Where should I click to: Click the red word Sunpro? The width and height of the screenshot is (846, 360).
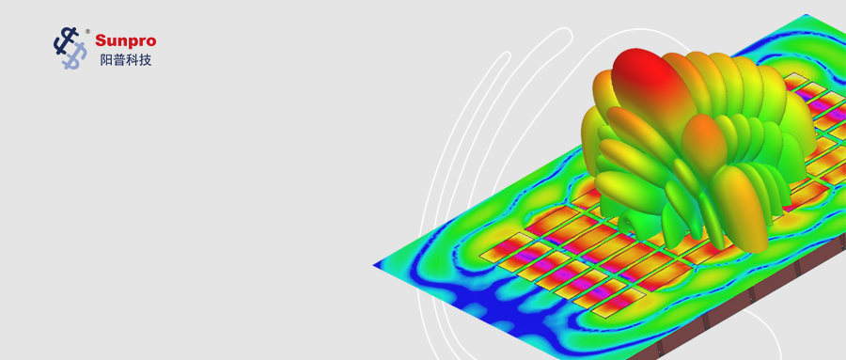(x=126, y=41)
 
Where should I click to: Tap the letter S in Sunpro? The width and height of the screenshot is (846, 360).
(x=101, y=40)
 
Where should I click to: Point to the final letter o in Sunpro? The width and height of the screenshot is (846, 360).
(x=151, y=42)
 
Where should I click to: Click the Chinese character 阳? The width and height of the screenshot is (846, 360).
(x=106, y=60)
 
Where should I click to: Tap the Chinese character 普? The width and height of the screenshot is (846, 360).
(x=119, y=60)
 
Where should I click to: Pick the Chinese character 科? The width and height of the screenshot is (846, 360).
(x=133, y=60)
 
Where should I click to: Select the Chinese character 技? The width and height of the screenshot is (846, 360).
(x=145, y=60)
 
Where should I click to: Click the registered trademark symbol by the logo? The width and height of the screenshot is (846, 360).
(x=88, y=31)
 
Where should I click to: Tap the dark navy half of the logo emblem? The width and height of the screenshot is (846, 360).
(x=65, y=41)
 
